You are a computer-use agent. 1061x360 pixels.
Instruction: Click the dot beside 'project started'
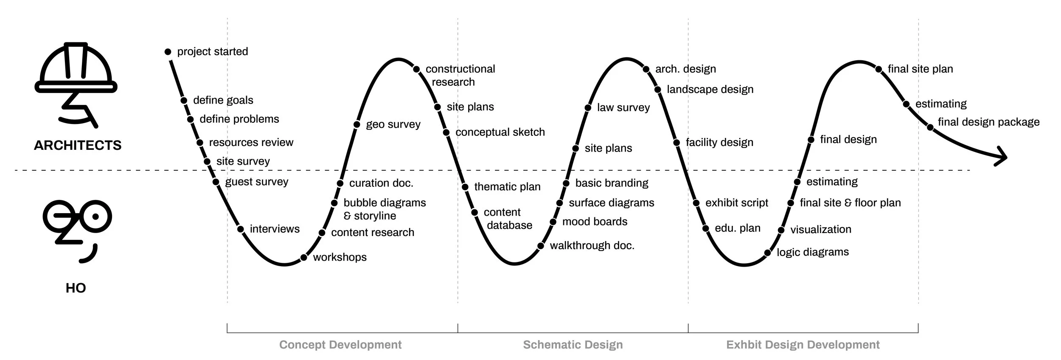pyautogui.click(x=168, y=52)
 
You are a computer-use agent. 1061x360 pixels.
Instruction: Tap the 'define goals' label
pyautogui.click(x=223, y=100)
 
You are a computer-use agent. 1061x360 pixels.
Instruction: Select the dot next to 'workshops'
pyautogui.click(x=304, y=258)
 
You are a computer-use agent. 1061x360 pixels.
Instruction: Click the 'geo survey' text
pyautogui.click(x=393, y=124)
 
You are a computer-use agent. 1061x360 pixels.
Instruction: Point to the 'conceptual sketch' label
pyautogui.click(x=500, y=132)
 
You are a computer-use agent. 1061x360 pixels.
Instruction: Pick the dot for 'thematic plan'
pyautogui.click(x=465, y=187)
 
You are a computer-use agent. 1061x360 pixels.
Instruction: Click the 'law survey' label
pyautogui.click(x=623, y=107)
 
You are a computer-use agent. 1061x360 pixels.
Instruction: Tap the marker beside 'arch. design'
pyautogui.click(x=646, y=69)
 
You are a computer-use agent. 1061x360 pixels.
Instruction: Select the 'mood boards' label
pyautogui.click(x=595, y=222)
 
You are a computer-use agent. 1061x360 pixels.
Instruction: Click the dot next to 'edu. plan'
pyautogui.click(x=706, y=228)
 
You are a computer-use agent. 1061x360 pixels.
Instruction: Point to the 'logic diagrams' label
pyautogui.click(x=813, y=252)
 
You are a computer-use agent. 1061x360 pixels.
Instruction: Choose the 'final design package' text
pyautogui.click(x=988, y=122)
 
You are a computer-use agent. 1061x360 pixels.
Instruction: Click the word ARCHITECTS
pyautogui.click(x=78, y=146)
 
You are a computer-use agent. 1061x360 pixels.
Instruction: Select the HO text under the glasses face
pyautogui.click(x=76, y=288)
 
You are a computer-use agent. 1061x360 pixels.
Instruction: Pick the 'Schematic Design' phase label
pyautogui.click(x=573, y=345)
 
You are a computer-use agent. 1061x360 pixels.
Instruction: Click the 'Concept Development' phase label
pyautogui.click(x=340, y=345)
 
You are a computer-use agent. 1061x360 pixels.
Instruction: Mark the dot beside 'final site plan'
pyautogui.click(x=879, y=69)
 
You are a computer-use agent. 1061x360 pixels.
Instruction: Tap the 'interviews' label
pyautogui.click(x=275, y=229)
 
